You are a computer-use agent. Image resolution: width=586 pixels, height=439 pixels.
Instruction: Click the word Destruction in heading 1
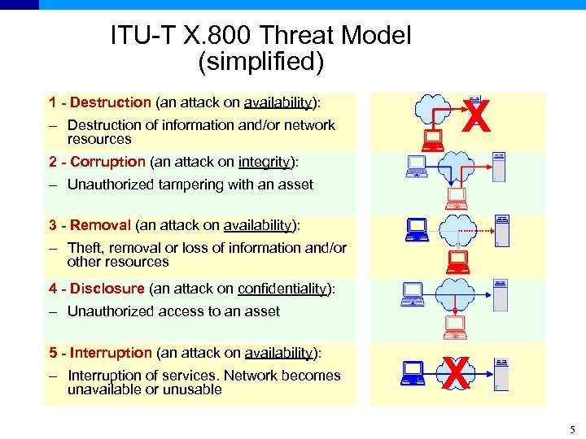111,102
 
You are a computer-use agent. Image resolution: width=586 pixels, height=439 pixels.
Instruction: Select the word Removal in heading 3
101,225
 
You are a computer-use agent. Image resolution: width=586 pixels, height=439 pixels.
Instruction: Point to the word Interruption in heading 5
111,353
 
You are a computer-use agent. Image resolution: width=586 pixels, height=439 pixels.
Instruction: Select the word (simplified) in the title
260,61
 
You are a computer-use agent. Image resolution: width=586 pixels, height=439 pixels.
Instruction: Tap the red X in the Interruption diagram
457,375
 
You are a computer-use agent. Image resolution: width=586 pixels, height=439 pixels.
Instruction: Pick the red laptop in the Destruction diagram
432,141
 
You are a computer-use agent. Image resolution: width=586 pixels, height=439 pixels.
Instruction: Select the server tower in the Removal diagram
502,230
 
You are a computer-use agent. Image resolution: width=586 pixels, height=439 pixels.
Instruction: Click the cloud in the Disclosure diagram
457,293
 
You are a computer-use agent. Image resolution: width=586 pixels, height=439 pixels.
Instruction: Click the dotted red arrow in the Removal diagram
480,228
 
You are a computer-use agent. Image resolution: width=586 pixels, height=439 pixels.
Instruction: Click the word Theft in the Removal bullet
85,248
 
